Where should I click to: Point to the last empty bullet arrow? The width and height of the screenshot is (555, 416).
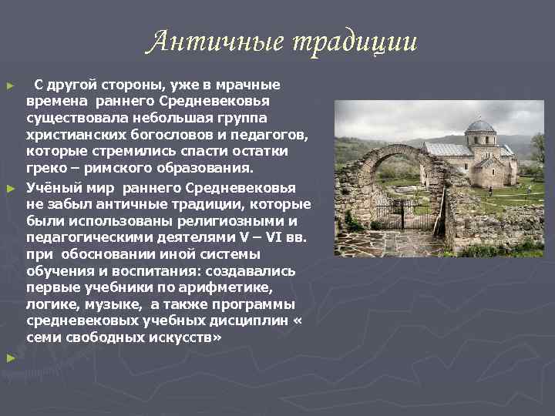(10, 357)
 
